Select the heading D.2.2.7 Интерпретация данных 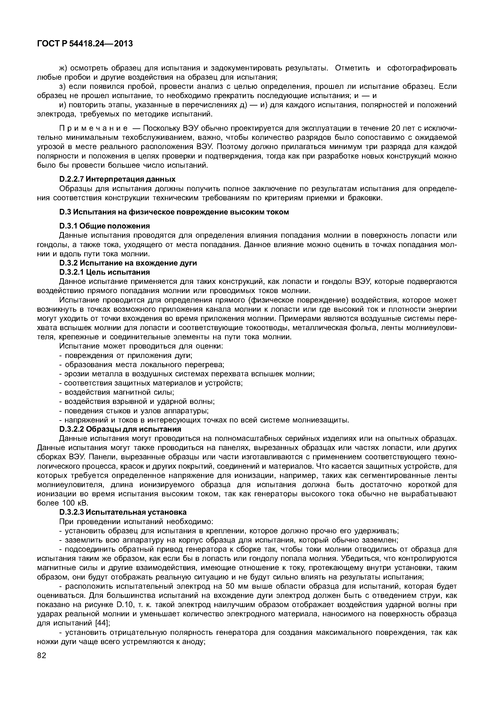[117, 179]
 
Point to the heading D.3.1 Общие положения [104, 226]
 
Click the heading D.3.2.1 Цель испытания [104, 272]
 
